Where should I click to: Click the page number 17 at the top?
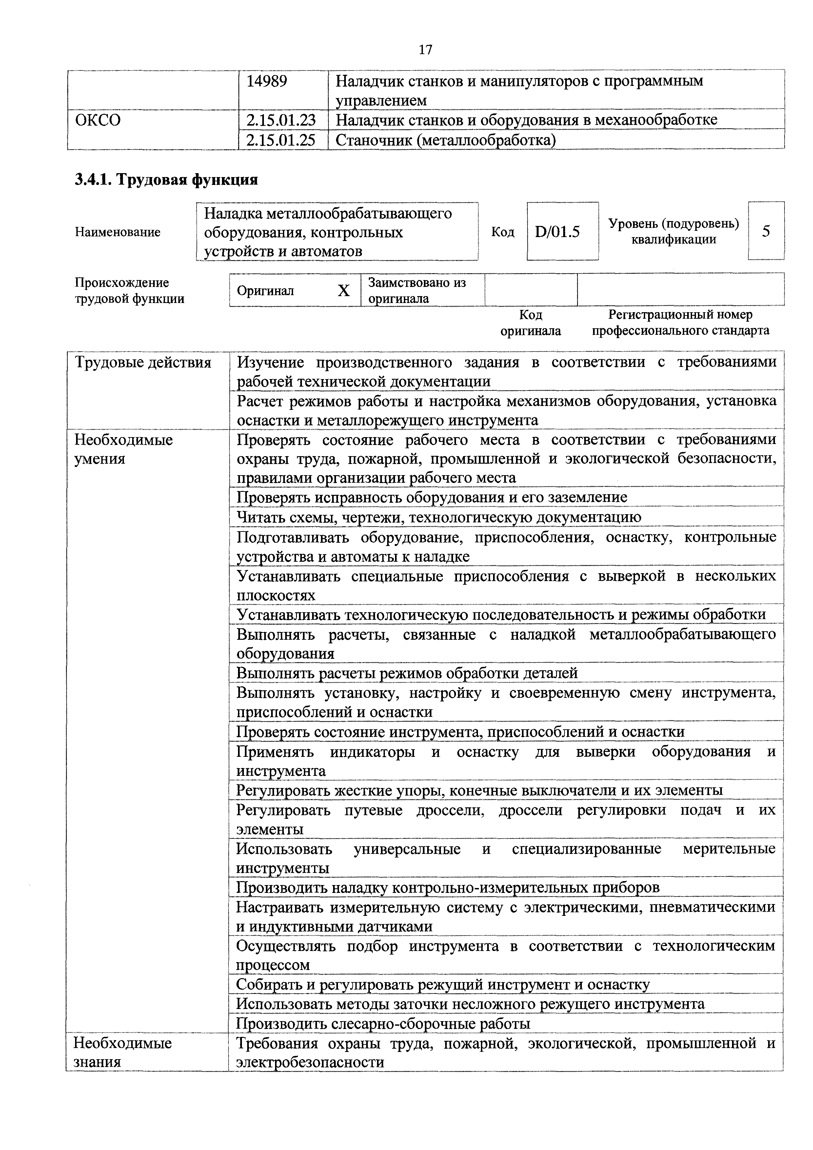425,50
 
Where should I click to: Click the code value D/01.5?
557,232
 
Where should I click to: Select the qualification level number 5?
766,232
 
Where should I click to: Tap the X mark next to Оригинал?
344,291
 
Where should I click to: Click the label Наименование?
118,232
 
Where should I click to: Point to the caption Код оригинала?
531,323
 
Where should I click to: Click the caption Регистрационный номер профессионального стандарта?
680,323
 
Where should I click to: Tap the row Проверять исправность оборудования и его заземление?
431,497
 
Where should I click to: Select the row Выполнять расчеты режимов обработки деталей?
407,673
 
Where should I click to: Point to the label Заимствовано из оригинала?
417,291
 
